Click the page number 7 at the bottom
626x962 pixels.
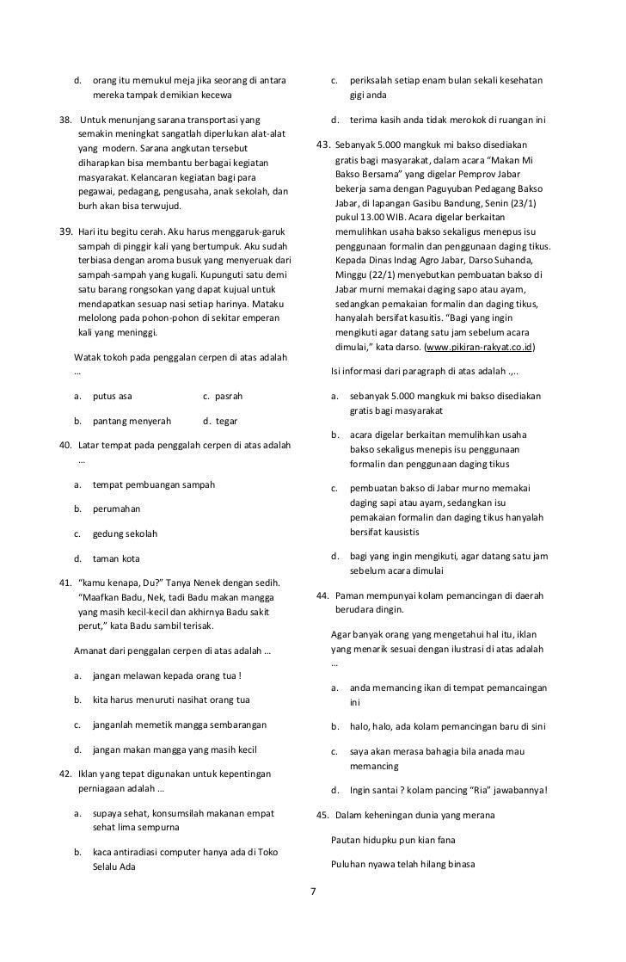pyautogui.click(x=312, y=890)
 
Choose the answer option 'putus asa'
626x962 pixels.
pyautogui.click(x=113, y=397)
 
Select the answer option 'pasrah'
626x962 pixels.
pyautogui.click(x=228, y=397)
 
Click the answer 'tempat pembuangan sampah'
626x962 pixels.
pyautogui.click(x=154, y=484)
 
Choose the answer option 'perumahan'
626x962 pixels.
pyautogui.click(x=116, y=509)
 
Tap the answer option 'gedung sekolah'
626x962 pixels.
pyautogui.click(x=125, y=533)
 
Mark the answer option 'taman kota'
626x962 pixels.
pyautogui.click(x=116, y=558)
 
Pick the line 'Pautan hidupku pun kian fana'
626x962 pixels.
pyautogui.click(x=393, y=839)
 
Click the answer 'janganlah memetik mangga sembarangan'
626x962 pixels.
pyautogui.click(x=180, y=725)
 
